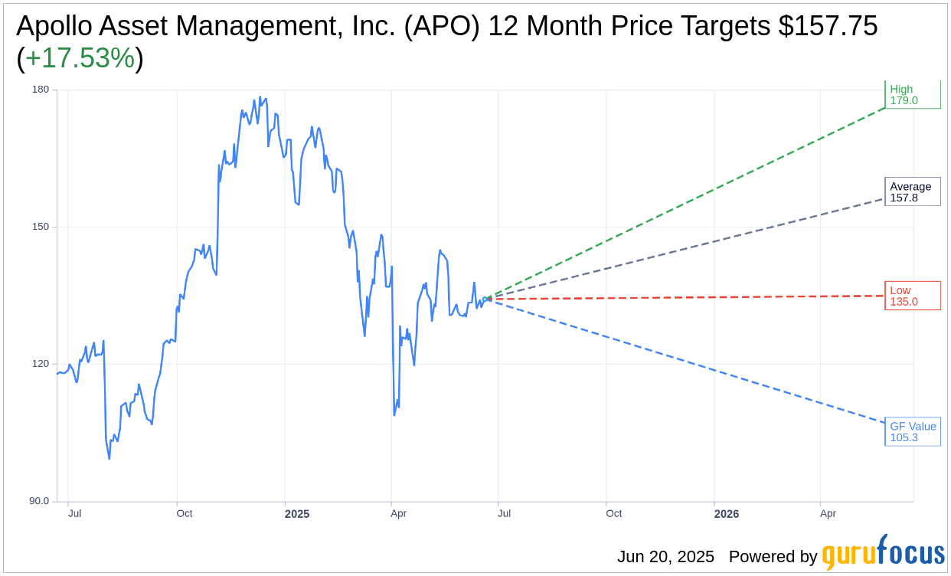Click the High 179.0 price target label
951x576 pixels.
912,95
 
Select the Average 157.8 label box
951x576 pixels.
912,192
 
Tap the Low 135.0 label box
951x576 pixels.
912,296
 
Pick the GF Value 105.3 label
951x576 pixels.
912,432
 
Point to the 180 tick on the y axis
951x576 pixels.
40,90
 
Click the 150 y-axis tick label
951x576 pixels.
40,227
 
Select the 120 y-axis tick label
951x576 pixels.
40,364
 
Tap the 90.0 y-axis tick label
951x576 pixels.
38,501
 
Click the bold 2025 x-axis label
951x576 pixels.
297,514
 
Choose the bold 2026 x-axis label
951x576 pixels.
727,514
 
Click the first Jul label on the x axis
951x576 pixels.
74,513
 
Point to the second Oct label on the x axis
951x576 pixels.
614,513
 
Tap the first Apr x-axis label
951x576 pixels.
398,513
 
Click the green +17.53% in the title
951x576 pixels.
80,58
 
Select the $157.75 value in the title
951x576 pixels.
828,26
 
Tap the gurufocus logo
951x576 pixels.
883,553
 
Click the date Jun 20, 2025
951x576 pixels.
665,557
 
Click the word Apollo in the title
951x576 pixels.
54,26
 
